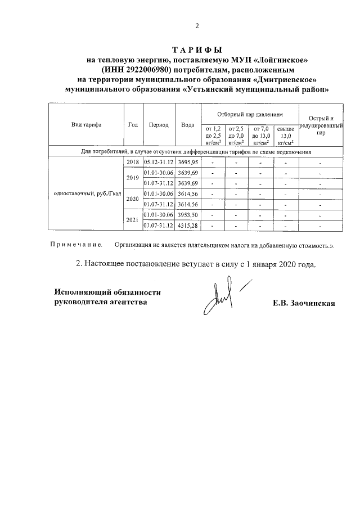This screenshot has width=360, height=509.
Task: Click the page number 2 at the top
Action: tap(197, 26)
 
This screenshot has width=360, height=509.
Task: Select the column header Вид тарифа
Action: tap(86, 125)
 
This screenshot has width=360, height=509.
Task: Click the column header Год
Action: tap(133, 125)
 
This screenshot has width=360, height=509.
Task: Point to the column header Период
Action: tap(159, 125)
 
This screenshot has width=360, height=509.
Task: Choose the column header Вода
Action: tap(188, 125)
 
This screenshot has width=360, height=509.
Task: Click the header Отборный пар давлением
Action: tap(250, 114)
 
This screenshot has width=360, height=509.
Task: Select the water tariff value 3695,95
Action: tap(188, 163)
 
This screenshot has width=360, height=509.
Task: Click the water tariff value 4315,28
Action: tap(188, 226)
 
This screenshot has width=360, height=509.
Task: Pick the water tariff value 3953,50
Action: tap(188, 215)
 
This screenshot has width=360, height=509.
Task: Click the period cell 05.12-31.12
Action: tap(159, 163)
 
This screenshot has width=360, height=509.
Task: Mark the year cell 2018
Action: tap(133, 163)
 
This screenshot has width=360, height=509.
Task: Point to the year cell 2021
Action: tap(133, 220)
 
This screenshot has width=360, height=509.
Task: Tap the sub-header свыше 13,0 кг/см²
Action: tap(286, 136)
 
